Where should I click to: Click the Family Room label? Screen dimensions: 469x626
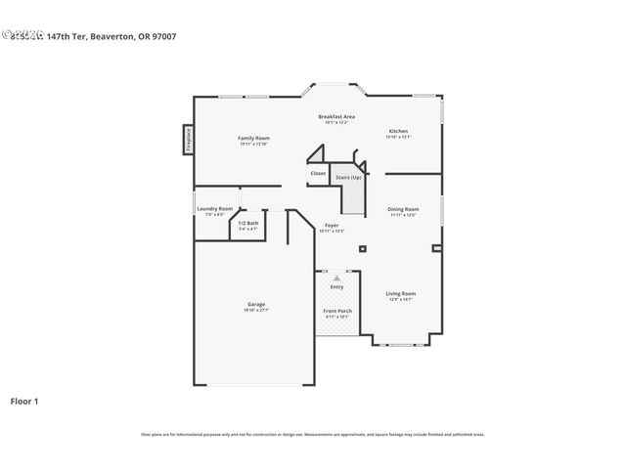click(253, 138)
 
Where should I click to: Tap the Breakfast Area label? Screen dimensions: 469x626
click(336, 116)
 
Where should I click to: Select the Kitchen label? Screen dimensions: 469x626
click(398, 131)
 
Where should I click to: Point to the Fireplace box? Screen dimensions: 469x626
click(188, 139)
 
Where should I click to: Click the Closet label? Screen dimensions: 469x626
click(318, 173)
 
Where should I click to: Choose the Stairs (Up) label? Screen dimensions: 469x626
click(348, 177)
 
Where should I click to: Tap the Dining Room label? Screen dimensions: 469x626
click(403, 209)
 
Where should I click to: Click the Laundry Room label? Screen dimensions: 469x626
click(215, 208)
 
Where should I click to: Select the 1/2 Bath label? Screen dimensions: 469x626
click(248, 223)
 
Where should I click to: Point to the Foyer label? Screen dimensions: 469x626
click(332, 225)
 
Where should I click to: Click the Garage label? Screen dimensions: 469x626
click(255, 304)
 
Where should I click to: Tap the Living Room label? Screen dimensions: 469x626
click(400, 293)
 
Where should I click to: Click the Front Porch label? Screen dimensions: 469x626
click(337, 311)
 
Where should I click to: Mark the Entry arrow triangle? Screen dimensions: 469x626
click(336, 278)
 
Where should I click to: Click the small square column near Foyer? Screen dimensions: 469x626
click(362, 248)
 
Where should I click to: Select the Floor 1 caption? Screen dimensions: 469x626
click(24, 401)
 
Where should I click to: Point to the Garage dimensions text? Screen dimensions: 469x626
click(255, 310)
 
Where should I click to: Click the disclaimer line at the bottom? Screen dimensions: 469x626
click(312, 434)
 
